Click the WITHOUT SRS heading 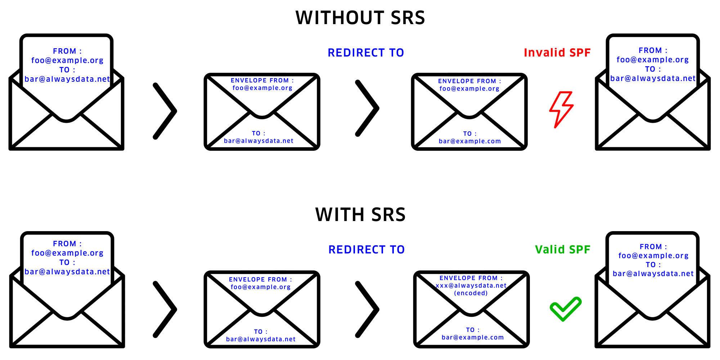pos(360,18)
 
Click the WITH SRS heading pos(360,215)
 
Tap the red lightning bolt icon pos(561,109)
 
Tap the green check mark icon pos(566,309)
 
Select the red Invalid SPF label pos(557,53)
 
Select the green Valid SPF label pos(563,249)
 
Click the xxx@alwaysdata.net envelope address pos(471,285)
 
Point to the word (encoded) pos(471,293)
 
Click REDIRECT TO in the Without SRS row pos(366,53)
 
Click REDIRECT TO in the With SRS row pos(366,249)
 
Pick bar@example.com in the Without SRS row pos(470,141)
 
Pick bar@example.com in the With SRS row pos(473,337)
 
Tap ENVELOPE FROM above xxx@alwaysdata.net pos(471,278)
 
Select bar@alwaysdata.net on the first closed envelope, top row pos(258,141)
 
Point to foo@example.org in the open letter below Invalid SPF pos(653,60)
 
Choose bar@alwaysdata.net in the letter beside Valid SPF pos(653,274)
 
